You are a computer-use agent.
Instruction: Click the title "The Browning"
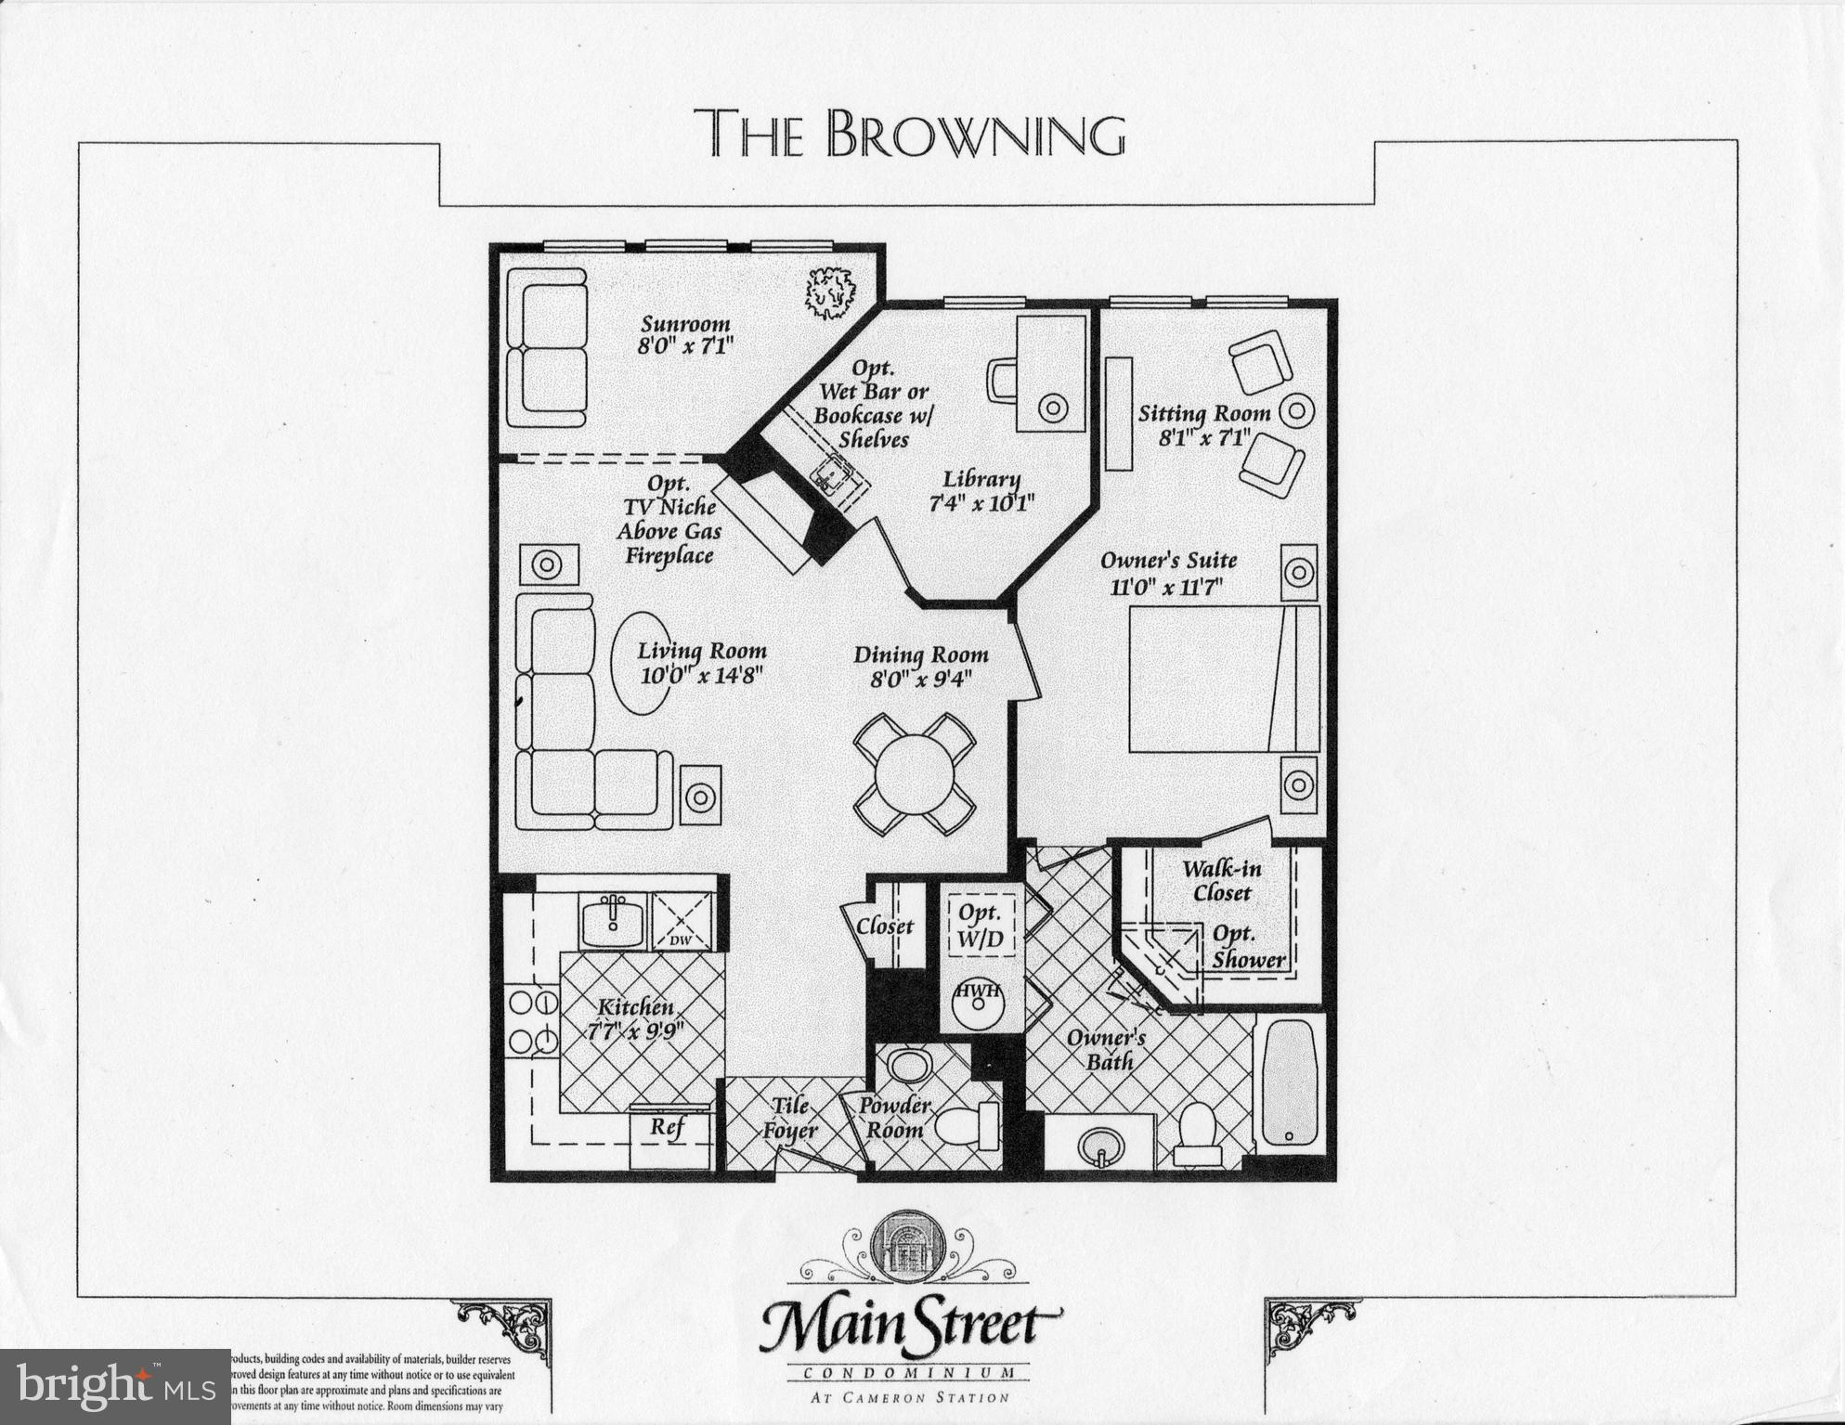pos(909,135)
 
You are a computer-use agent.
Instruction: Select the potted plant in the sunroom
pos(829,292)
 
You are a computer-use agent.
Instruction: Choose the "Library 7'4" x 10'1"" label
pos(981,491)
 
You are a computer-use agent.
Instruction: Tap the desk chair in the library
pos(1004,381)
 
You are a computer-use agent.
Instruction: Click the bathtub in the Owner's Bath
pos(1290,1082)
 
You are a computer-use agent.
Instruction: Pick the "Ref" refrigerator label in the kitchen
pos(667,1127)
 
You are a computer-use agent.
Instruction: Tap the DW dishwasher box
pos(682,922)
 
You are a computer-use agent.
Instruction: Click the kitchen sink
pos(613,920)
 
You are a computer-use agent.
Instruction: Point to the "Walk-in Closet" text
pos(1221,881)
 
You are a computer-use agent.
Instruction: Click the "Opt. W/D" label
pos(980,926)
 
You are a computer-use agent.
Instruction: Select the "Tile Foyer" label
pos(789,1119)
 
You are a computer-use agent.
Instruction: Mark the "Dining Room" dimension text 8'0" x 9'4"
pos(920,679)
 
